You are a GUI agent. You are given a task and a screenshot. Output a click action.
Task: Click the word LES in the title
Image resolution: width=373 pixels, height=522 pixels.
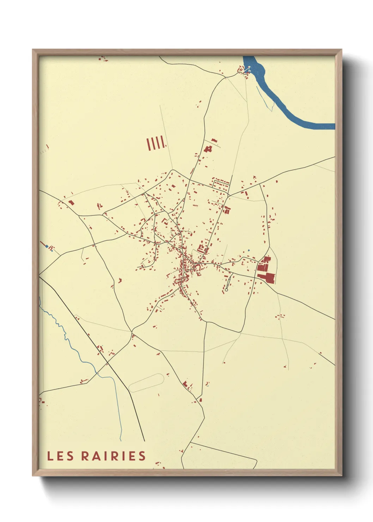(x=60, y=456)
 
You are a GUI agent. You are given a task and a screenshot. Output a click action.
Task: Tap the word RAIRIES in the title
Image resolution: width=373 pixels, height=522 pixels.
(x=113, y=456)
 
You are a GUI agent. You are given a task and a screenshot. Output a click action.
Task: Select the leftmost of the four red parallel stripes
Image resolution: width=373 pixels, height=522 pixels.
(x=148, y=143)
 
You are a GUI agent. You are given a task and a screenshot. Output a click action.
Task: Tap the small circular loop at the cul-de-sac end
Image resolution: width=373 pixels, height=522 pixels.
(x=226, y=290)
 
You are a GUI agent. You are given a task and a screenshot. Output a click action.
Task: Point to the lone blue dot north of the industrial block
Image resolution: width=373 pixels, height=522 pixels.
(x=249, y=250)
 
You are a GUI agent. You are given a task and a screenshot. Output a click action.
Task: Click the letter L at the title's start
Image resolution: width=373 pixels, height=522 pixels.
(x=50, y=456)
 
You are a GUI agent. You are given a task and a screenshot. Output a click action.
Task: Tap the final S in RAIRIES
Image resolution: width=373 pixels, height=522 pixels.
(x=142, y=456)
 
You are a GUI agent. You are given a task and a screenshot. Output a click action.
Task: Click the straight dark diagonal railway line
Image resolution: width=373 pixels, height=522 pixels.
(x=92, y=339)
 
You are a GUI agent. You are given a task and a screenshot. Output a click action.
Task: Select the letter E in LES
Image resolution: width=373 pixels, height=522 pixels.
(x=60, y=456)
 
